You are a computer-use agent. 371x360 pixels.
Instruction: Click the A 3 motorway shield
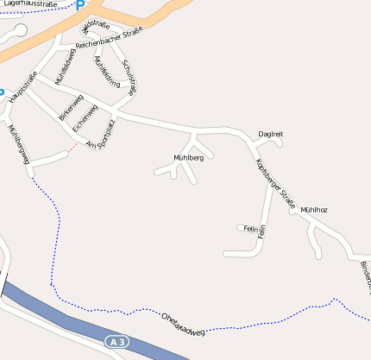coord(117,343)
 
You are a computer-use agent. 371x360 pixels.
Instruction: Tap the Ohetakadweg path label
coord(184,325)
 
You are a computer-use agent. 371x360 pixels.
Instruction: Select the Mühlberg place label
coord(188,158)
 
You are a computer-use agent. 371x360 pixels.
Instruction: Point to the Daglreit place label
coord(271,134)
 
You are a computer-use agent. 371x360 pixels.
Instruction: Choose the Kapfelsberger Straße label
coord(275,185)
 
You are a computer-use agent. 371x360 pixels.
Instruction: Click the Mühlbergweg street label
coord(17,144)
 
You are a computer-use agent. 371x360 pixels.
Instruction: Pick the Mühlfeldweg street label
coord(66,66)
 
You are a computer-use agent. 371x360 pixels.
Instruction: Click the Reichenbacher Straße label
coord(109,39)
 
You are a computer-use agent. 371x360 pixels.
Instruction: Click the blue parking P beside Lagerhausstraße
coord(80,5)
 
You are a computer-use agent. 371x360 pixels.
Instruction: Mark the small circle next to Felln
coord(239,228)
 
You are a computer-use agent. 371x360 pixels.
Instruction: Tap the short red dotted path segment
coord(74,146)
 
